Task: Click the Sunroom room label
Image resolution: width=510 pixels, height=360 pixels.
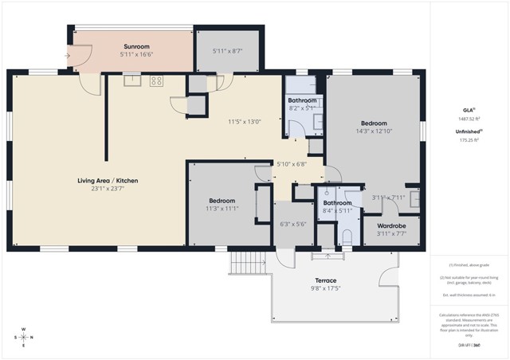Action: tap(136, 46)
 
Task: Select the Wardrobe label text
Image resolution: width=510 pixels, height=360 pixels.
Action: tap(390, 226)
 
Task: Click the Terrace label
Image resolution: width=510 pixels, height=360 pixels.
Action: tap(324, 280)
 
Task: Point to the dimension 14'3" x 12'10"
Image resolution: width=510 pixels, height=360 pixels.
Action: tap(374, 131)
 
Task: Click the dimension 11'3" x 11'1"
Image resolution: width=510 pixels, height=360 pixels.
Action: tap(222, 209)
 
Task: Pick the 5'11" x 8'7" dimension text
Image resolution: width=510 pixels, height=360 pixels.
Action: tap(227, 51)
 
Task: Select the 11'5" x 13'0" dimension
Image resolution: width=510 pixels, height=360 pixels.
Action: tap(243, 122)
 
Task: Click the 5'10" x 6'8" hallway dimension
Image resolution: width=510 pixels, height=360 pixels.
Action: tap(289, 164)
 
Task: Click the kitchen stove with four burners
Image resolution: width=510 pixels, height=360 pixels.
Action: tap(156, 80)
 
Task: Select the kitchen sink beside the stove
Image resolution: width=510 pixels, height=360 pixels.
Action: tap(131, 80)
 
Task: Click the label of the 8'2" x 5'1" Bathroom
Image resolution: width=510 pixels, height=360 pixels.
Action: tap(303, 100)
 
